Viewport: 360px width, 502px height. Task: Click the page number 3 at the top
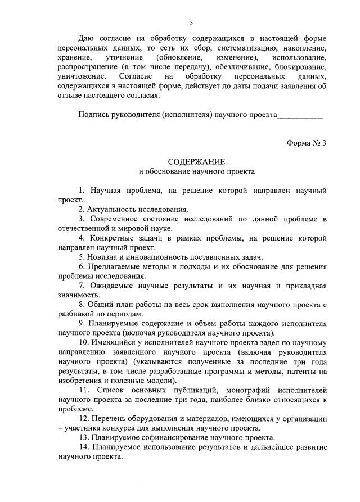click(192, 23)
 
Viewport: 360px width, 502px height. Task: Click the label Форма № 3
click(307, 142)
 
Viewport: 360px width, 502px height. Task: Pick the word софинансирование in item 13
click(173, 438)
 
